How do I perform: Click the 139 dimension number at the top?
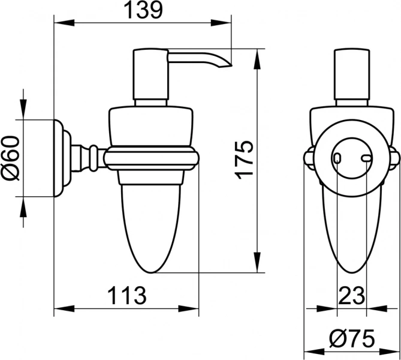pyautogui.click(x=144, y=11)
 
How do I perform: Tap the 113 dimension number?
pyautogui.click(x=126, y=295)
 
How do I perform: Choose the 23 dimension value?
pyautogui.click(x=351, y=295)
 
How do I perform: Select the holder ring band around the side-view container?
pyautogui.click(x=152, y=158)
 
